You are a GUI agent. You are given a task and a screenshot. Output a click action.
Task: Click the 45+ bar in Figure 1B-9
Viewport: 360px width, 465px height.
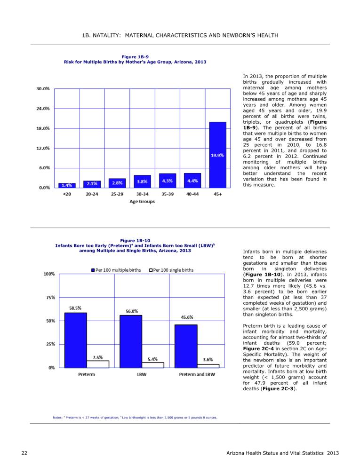(217, 155)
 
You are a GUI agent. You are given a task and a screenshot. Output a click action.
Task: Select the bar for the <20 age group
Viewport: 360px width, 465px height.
(67, 185)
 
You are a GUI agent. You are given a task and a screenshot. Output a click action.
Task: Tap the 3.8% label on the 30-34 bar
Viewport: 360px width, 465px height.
(142, 181)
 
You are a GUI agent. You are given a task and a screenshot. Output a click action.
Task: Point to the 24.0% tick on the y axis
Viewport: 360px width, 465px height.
(43, 109)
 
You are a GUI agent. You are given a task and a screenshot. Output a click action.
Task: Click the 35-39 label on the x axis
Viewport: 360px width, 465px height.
(168, 194)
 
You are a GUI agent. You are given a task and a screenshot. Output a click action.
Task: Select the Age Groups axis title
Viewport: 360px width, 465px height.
(142, 201)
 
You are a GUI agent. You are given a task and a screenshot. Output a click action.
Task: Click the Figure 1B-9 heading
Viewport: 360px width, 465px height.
(135, 57)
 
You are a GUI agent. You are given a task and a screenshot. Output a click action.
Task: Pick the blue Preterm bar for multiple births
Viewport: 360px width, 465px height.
(76, 340)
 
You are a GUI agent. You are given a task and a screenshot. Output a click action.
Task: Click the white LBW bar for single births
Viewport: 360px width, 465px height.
(153, 365)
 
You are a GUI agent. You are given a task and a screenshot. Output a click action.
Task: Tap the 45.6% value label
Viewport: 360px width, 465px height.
(187, 317)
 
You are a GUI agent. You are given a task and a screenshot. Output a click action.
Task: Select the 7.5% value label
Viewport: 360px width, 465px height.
(97, 358)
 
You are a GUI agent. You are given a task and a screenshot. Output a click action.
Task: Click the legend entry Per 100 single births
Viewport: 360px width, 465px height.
(171, 270)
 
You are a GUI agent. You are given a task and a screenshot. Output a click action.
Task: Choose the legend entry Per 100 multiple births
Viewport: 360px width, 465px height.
(116, 270)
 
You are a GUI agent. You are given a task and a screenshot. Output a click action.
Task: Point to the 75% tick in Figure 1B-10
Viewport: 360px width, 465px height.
(50, 298)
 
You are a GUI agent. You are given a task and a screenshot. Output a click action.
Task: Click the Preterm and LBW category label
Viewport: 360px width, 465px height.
(197, 375)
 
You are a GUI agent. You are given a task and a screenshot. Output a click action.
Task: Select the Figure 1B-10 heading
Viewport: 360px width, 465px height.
(135, 241)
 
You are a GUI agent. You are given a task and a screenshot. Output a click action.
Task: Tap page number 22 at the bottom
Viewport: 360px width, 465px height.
(24, 453)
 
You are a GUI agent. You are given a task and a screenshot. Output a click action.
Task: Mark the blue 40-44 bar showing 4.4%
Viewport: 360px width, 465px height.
(192, 180)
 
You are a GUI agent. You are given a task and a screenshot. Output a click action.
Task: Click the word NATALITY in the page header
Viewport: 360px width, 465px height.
(106, 35)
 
